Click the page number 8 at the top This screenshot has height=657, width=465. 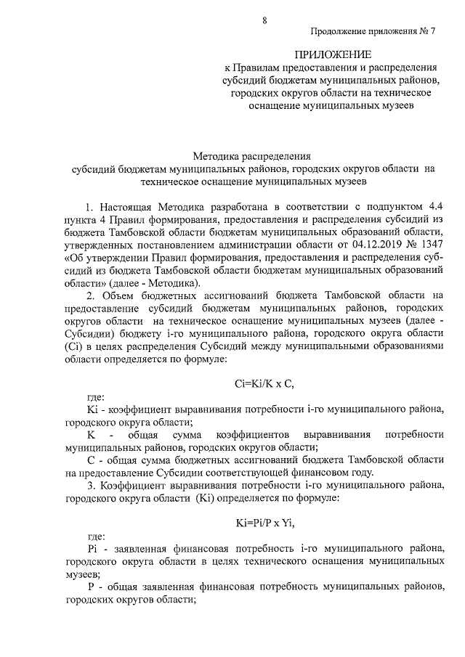tap(265, 18)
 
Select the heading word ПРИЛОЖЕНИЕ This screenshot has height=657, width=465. tap(332, 54)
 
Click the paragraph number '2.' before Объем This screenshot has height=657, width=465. tap(90, 295)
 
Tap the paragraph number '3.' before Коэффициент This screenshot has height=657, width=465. tap(90, 485)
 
